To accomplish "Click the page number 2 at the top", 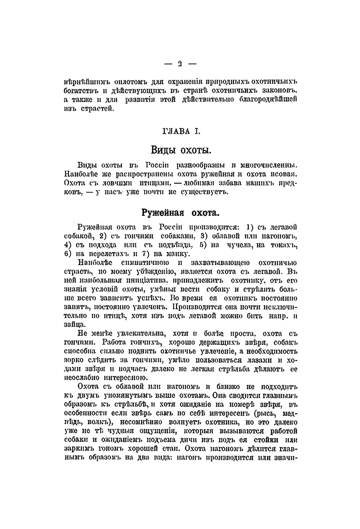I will pyautogui.click(x=179, y=63).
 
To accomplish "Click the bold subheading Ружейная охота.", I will pyautogui.click(x=180, y=212).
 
